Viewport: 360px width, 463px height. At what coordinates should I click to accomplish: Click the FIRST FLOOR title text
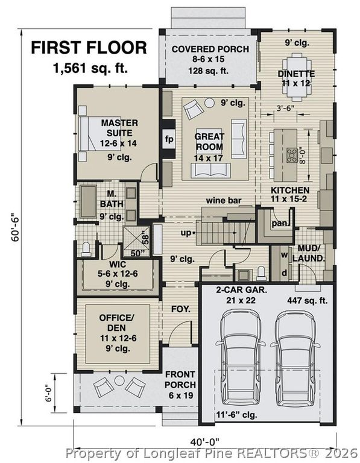[x=89, y=48]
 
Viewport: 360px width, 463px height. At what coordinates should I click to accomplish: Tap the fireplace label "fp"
[x=169, y=139]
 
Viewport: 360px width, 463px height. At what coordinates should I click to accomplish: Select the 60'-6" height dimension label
[x=15, y=227]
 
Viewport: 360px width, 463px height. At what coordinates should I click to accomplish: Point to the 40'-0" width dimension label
[x=205, y=442]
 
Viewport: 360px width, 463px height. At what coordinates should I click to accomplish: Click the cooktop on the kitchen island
[x=292, y=156]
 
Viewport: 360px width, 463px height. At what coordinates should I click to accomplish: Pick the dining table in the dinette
[x=297, y=77]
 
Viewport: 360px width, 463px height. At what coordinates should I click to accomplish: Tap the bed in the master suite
[x=101, y=134]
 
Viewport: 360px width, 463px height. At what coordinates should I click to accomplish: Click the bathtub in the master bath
[x=88, y=202]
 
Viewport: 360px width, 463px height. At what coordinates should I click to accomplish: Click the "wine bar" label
[x=224, y=201]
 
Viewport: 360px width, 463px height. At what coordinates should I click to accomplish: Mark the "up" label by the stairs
[x=186, y=233]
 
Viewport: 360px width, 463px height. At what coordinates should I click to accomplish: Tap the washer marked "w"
[x=284, y=256]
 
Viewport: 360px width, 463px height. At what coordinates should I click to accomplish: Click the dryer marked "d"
[x=284, y=274]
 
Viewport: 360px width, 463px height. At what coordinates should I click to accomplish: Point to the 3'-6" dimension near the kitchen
[x=286, y=108]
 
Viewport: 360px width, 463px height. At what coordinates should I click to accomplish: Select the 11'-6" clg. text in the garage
[x=236, y=415]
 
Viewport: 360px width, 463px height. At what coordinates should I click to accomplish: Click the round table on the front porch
[x=119, y=380]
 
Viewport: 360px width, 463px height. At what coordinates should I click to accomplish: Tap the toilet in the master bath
[x=86, y=250]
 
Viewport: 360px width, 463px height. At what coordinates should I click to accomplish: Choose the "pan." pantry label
[x=279, y=223]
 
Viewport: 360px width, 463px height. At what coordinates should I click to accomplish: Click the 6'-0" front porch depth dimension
[x=49, y=392]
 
